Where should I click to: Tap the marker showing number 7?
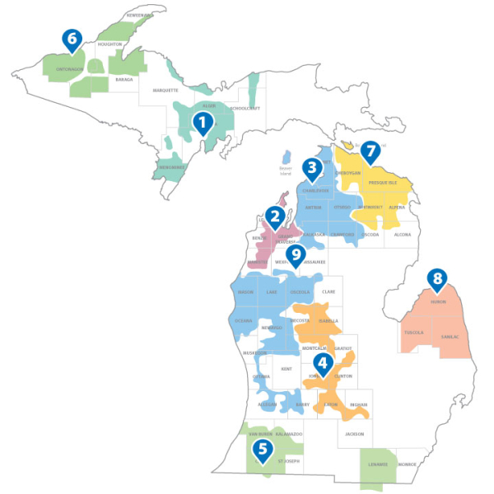point(370,151)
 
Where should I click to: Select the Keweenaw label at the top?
point(139,16)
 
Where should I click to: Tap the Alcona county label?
point(402,235)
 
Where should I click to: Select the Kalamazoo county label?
point(289,433)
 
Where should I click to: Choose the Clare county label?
point(329,291)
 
